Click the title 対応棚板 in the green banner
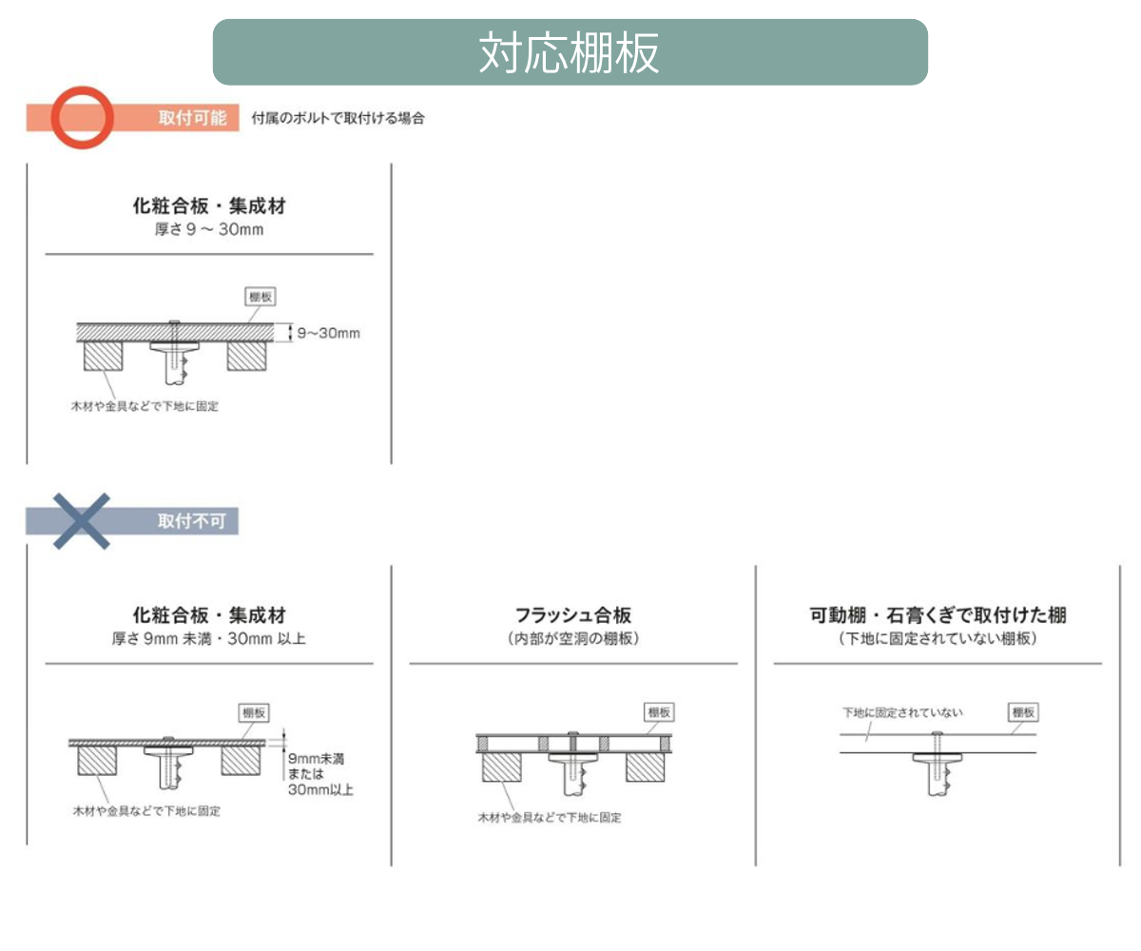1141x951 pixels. click(x=570, y=53)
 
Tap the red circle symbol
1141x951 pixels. click(x=82, y=118)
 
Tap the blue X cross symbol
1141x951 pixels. click(x=82, y=521)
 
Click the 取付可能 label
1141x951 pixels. click(x=192, y=119)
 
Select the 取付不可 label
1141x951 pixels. click(x=192, y=522)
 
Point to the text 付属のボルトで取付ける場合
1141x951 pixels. click(x=338, y=119)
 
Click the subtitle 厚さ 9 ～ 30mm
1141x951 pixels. click(x=209, y=230)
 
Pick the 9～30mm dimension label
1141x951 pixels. click(x=328, y=334)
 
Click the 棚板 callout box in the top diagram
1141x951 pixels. click(x=261, y=297)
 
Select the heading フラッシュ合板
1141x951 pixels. click(x=572, y=615)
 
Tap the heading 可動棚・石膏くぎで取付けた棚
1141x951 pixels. click(x=938, y=615)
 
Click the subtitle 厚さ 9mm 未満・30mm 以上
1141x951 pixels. click(x=209, y=639)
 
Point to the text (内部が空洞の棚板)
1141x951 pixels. click(x=572, y=639)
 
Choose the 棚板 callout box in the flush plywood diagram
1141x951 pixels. click(x=659, y=711)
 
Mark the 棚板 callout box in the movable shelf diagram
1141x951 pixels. click(x=1023, y=711)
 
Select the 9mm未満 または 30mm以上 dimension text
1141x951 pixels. click(x=319, y=773)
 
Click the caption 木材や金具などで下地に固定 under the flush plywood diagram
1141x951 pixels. click(x=550, y=817)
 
